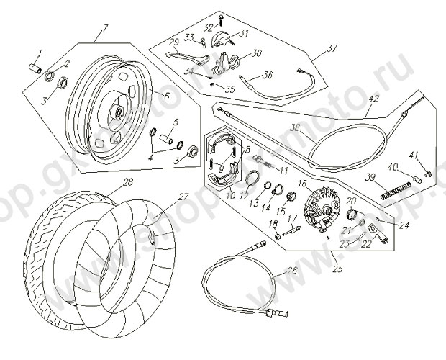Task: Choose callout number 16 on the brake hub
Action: [x=303, y=185]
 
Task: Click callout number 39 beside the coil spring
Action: [x=370, y=178]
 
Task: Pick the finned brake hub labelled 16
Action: [x=321, y=204]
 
